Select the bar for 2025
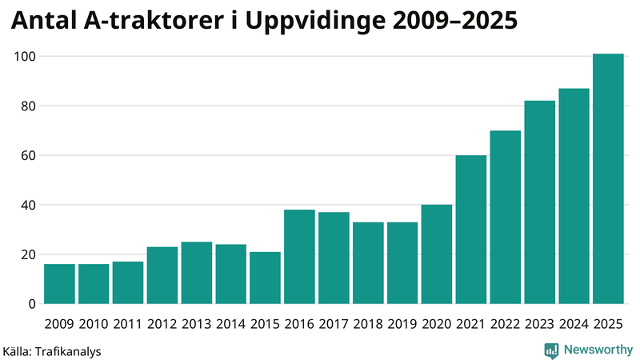tap(608, 179)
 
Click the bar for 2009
tap(59, 284)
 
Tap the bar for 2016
tap(299, 257)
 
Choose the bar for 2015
tap(265, 278)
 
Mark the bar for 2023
tap(540, 202)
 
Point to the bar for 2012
tap(162, 275)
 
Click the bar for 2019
tap(402, 263)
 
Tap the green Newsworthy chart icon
tap(551, 350)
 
